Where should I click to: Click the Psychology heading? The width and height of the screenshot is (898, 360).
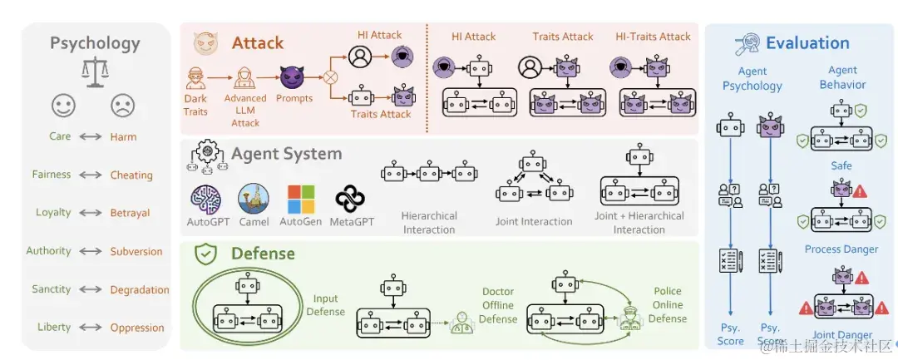tap(95, 43)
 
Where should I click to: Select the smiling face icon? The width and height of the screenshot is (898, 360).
tap(63, 106)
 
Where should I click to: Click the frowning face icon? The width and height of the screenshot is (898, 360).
tap(123, 106)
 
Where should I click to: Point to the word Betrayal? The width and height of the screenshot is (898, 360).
tap(130, 213)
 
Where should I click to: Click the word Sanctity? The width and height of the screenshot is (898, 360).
tap(52, 289)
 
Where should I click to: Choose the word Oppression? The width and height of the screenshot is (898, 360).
tap(137, 328)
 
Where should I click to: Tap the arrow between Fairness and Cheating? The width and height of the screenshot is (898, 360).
tap(91, 175)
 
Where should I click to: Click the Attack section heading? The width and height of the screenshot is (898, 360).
tap(257, 43)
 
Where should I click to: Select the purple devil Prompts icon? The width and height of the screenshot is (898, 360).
tap(293, 78)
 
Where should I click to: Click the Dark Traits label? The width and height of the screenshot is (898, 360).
tap(196, 104)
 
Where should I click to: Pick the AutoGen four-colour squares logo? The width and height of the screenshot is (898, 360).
tap(301, 200)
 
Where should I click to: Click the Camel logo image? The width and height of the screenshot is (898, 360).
tap(254, 200)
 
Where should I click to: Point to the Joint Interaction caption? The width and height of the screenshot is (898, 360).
tap(535, 222)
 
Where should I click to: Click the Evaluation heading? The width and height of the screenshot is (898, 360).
tap(807, 43)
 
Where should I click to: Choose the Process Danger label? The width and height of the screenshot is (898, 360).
tap(841, 249)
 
